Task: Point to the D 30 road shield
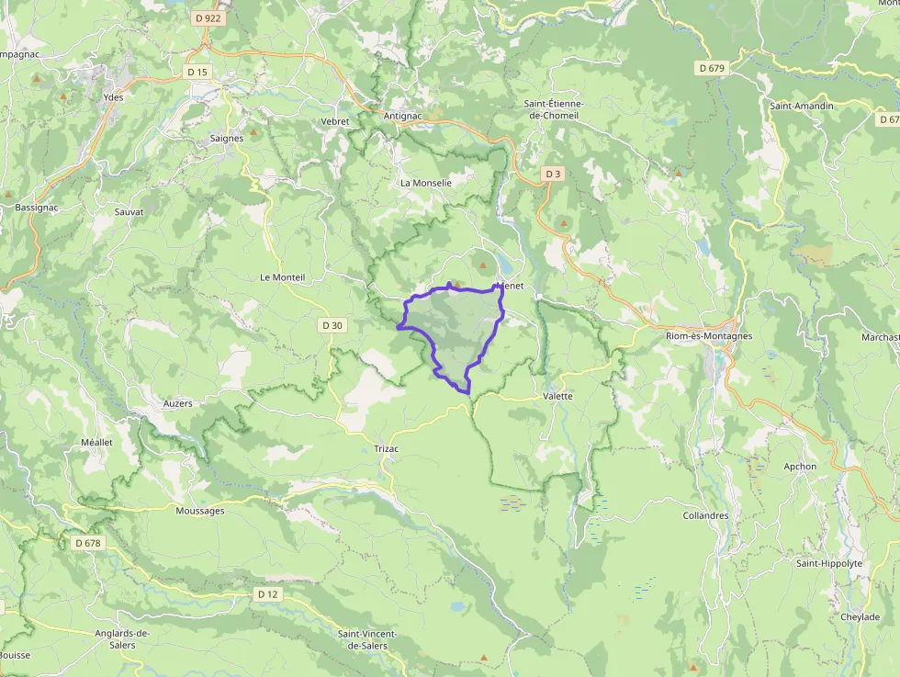pyautogui.click(x=332, y=325)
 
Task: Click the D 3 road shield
pyautogui.click(x=552, y=174)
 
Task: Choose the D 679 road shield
pyautogui.click(x=712, y=68)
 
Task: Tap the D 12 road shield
pyautogui.click(x=267, y=594)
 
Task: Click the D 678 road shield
pyautogui.click(x=88, y=543)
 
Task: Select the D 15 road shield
pyautogui.click(x=197, y=72)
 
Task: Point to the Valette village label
pyautogui.click(x=557, y=396)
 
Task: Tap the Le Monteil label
pyautogui.click(x=282, y=276)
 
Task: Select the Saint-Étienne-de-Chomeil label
pyautogui.click(x=554, y=109)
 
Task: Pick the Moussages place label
pyautogui.click(x=199, y=511)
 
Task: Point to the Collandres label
pyautogui.click(x=705, y=515)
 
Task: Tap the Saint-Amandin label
pyautogui.click(x=802, y=107)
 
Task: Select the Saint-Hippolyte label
pyautogui.click(x=829, y=563)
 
